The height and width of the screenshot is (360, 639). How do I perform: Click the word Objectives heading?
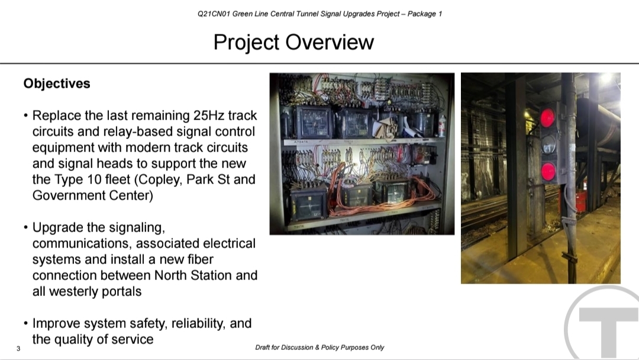(57, 83)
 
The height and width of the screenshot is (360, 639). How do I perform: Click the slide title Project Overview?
(293, 43)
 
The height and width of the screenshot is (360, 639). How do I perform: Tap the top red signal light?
(547, 117)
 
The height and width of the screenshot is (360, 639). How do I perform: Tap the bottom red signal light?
(548, 171)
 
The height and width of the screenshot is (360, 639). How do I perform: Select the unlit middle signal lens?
(548, 144)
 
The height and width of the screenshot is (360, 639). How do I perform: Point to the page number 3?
(18, 349)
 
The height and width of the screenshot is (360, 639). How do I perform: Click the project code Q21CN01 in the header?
(214, 14)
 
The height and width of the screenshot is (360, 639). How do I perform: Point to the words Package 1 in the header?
(425, 14)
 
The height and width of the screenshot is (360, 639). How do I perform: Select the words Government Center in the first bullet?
(92, 196)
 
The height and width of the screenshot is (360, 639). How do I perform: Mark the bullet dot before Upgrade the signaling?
(25, 227)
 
